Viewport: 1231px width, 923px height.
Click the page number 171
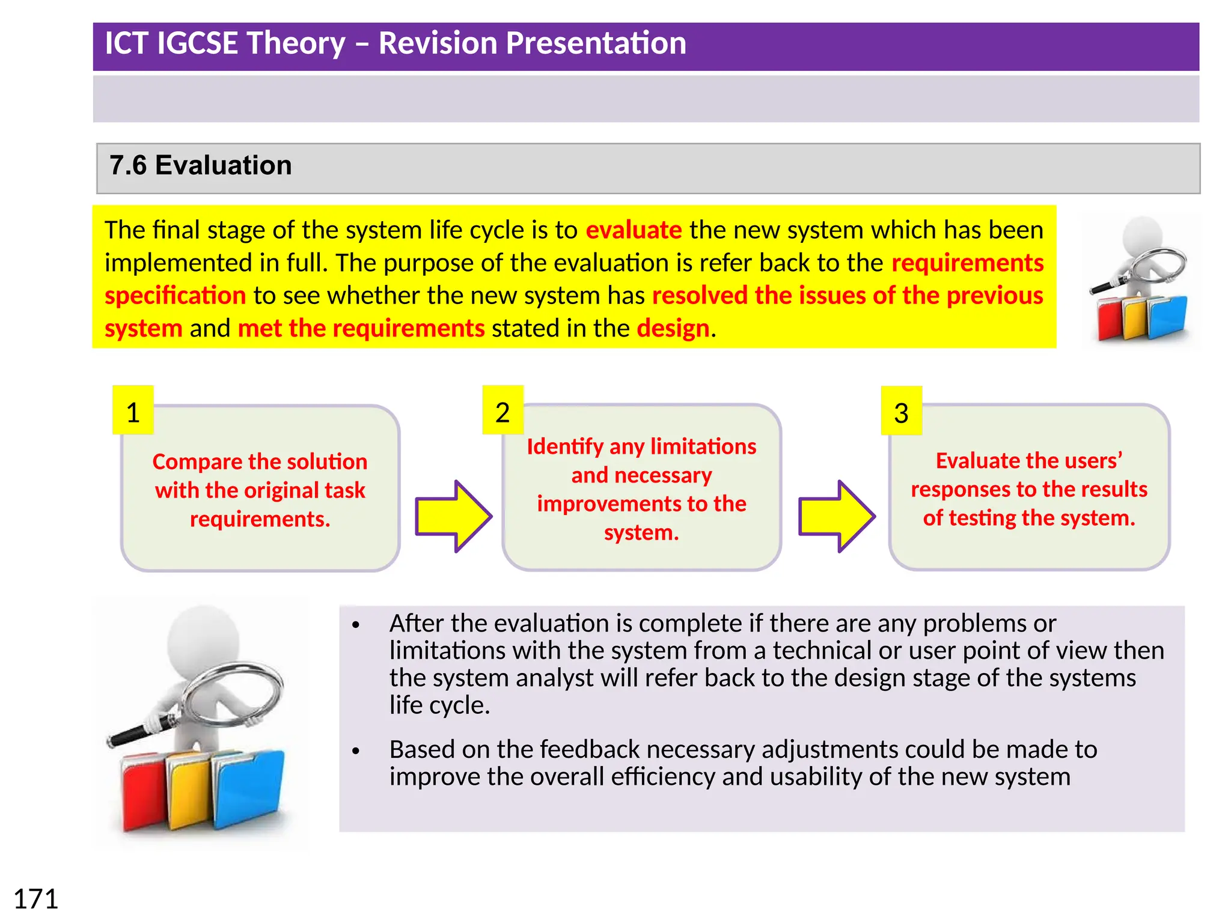[35, 899]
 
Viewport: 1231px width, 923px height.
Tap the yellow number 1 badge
[133, 411]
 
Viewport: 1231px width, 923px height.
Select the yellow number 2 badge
[502, 411]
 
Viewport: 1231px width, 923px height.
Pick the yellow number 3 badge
[901, 412]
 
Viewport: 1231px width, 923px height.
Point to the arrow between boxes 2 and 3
[836, 516]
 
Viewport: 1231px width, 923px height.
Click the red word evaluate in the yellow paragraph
[634, 230]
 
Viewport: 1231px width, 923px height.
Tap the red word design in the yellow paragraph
[673, 329]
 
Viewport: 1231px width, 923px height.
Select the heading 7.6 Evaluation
[200, 165]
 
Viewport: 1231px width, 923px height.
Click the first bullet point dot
[356, 626]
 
